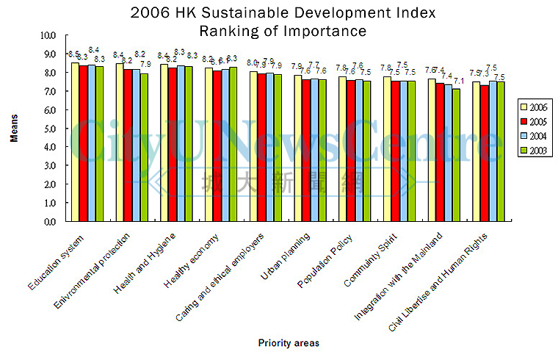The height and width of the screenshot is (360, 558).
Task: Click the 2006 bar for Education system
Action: click(x=76, y=142)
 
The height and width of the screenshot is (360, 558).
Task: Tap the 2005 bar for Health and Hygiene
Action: click(x=172, y=144)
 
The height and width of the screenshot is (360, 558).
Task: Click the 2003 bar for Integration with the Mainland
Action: click(x=456, y=154)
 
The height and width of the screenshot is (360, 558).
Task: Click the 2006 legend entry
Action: click(x=533, y=108)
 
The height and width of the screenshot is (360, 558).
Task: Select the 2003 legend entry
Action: click(x=533, y=151)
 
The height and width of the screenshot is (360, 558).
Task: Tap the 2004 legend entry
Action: click(x=533, y=137)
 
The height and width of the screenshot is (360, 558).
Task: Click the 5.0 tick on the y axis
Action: click(x=48, y=129)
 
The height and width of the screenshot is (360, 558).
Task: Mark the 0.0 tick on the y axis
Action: click(x=48, y=221)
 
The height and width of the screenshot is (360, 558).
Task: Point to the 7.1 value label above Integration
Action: click(x=458, y=82)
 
